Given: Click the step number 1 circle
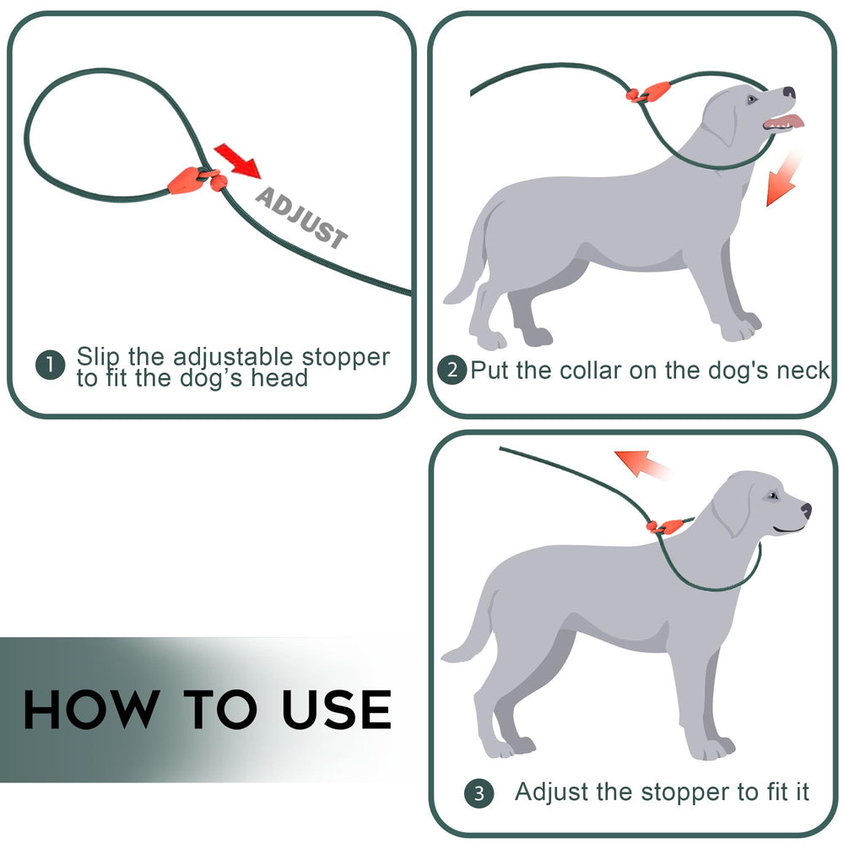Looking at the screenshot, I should (51, 365).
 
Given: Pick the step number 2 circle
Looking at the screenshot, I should (452, 370).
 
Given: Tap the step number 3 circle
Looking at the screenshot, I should (479, 793).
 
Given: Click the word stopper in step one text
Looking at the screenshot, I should (345, 357).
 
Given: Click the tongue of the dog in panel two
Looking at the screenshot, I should (785, 123).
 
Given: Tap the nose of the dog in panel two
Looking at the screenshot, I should (788, 92).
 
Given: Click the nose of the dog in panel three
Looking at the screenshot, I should (806, 510).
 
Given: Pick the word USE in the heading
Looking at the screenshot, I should (337, 709).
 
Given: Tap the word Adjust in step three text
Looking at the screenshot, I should (548, 792).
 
